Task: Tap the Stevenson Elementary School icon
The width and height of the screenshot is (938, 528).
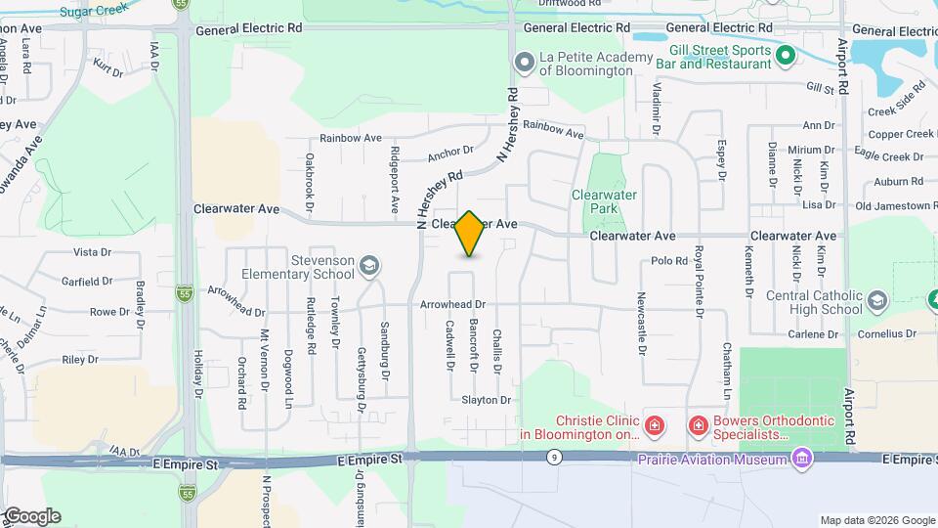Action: coord(369,265)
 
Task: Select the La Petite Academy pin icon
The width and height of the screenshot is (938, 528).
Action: coord(525,63)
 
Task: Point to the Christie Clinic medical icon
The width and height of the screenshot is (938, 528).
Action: coord(654,426)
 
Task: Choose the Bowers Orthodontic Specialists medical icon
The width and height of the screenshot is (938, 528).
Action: coord(699,426)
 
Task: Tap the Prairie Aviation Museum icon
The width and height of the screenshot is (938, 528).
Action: coord(802,459)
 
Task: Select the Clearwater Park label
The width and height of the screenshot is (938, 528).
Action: coord(604,201)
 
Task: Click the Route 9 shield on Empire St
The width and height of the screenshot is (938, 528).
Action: coord(554,458)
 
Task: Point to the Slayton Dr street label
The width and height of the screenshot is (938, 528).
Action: coord(487,400)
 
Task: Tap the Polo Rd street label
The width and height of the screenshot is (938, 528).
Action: coord(669,261)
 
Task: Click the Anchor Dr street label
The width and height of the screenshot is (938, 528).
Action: coord(449,153)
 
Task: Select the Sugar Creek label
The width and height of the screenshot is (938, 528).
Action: coord(94,11)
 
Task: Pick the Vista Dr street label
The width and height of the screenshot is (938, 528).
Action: coord(93,251)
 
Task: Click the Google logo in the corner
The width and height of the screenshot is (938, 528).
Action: coord(31,516)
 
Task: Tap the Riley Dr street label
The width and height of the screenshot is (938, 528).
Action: coord(80,360)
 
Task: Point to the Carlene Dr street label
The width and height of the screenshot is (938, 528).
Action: coord(813,334)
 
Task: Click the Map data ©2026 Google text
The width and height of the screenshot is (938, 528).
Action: coord(876,520)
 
